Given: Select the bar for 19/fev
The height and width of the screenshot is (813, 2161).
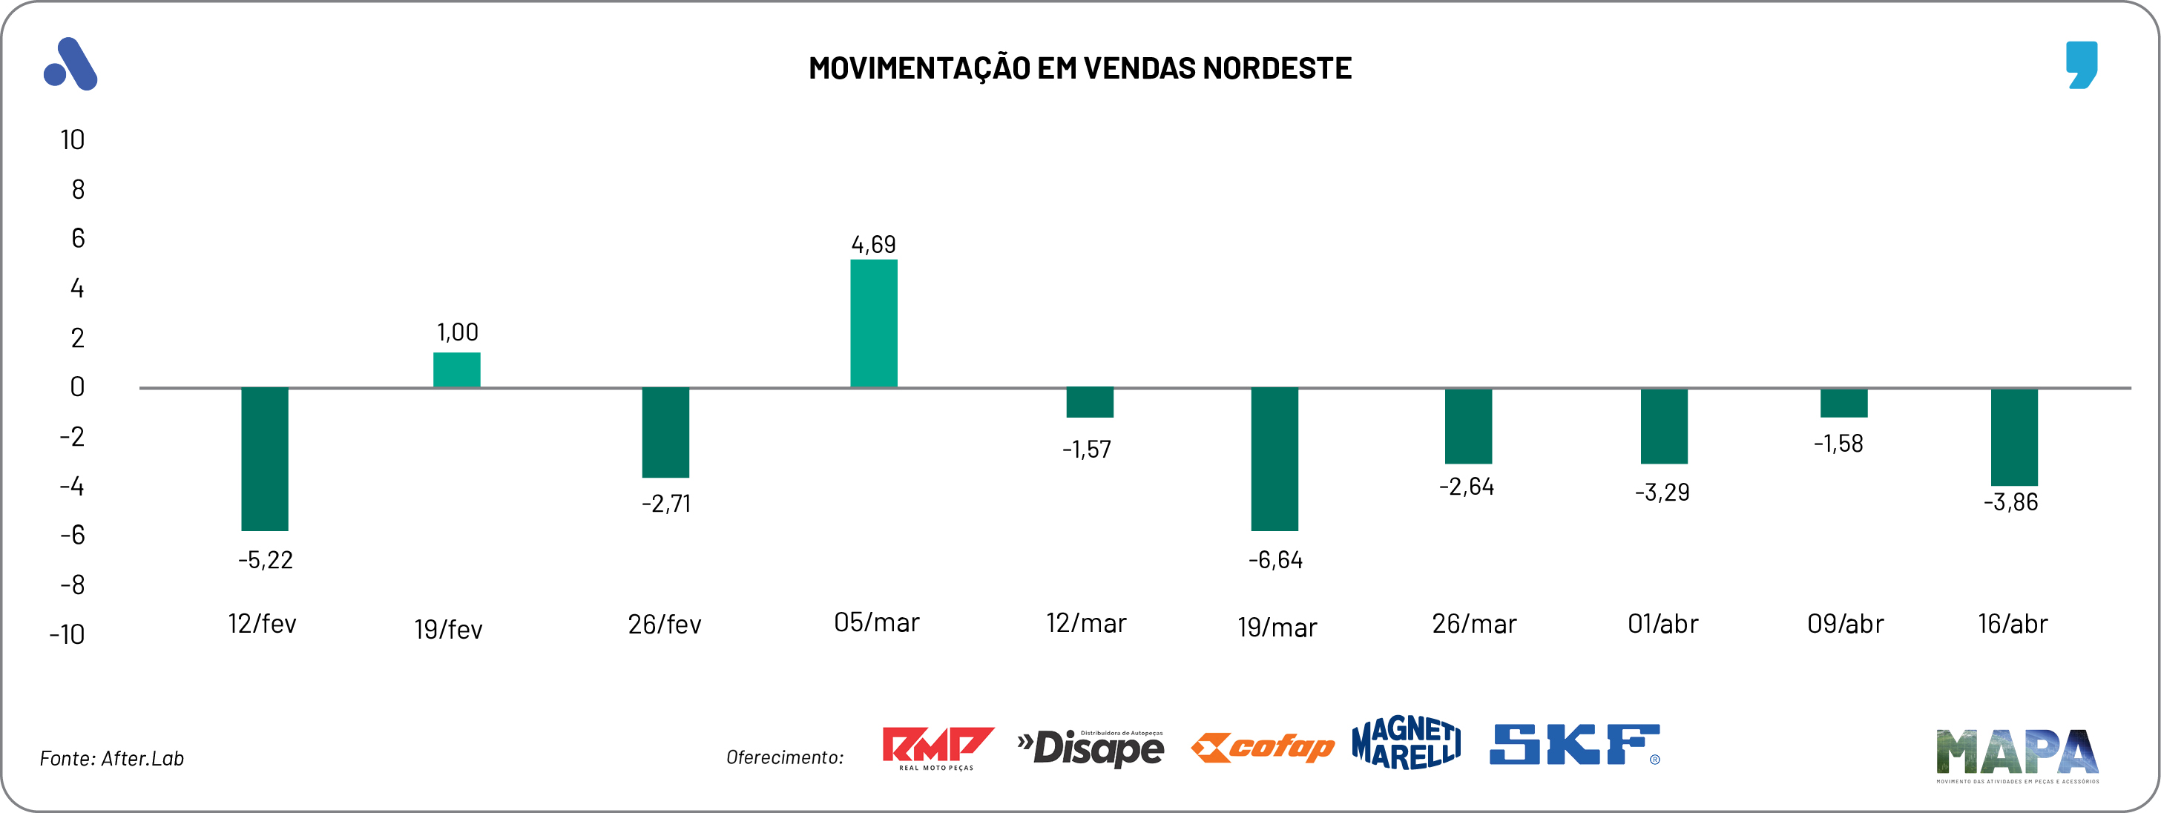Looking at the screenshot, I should point(456,369).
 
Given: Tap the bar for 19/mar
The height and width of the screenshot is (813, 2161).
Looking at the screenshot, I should point(1274,459).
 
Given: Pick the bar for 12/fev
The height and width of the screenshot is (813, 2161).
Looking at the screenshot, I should point(264,459).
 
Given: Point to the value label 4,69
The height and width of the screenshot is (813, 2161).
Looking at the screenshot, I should point(873,244).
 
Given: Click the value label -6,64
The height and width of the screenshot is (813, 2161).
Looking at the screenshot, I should point(1275,559).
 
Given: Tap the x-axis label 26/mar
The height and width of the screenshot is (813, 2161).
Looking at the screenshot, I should point(1474,623).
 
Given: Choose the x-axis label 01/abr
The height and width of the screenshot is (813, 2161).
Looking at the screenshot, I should point(1662,623).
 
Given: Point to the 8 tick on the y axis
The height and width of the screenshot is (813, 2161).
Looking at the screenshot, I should point(77,190).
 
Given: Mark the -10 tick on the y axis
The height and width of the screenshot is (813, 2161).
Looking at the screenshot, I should point(67,634).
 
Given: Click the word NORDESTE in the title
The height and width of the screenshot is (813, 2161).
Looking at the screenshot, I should point(1277,68).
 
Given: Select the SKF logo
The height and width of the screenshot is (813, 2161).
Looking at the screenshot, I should point(1573,745).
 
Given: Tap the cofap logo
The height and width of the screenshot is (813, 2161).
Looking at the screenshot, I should point(1263,747).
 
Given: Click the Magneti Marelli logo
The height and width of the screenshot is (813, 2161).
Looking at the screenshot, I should point(1406,743).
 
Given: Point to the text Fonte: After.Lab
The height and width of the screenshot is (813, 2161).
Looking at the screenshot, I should point(111,758).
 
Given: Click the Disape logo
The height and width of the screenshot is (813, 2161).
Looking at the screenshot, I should point(1091,748).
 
